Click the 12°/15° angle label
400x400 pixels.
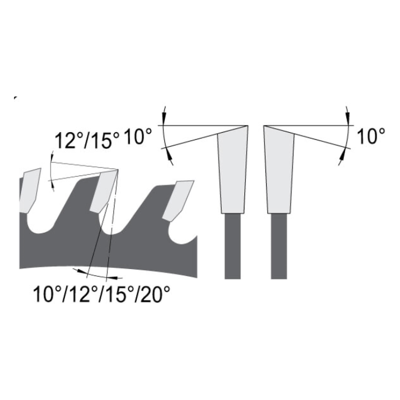(87, 140)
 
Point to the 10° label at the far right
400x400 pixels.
(371, 136)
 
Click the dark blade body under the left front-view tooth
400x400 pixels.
(233, 246)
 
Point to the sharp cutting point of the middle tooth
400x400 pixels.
(118, 170)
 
